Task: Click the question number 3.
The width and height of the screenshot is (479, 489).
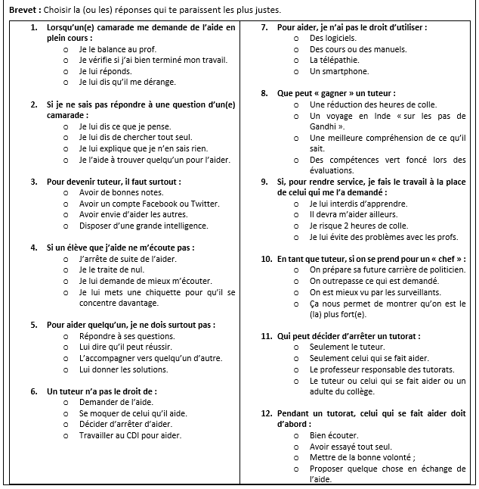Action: click(34, 182)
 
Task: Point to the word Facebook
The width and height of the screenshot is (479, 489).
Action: click(161, 204)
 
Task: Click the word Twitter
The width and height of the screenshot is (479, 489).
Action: click(205, 204)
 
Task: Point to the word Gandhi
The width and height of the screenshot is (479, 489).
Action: click(324, 126)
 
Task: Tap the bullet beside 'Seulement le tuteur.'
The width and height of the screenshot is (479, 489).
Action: click(296, 347)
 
